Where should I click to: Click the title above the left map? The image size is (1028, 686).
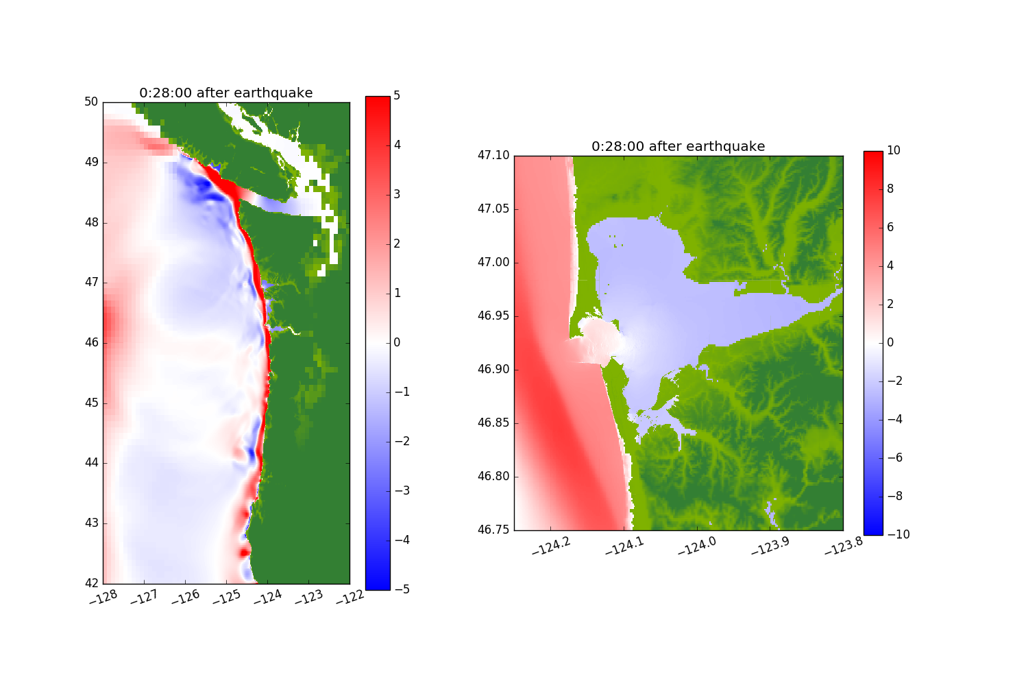225,93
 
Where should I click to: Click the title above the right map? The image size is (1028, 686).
678,146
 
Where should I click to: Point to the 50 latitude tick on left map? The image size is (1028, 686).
91,102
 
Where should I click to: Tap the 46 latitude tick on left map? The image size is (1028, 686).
91,342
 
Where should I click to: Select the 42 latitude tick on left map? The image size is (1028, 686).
91,583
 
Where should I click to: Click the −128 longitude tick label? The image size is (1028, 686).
104,598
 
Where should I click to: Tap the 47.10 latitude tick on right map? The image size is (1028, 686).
493,156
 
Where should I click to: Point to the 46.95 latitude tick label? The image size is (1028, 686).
493,316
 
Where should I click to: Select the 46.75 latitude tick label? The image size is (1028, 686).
493,530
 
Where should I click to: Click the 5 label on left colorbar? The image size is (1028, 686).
397,96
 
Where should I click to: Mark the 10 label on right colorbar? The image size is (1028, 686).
893,151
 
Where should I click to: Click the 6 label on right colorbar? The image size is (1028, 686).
890,228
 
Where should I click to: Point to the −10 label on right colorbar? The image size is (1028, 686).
897,534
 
